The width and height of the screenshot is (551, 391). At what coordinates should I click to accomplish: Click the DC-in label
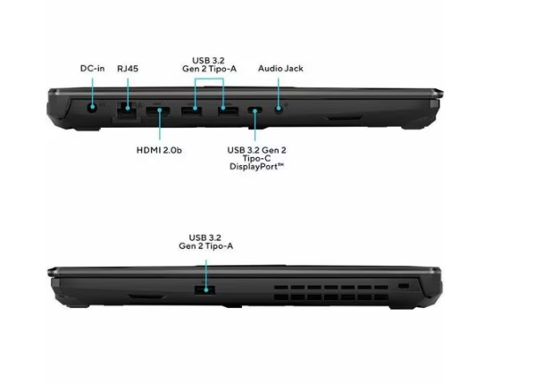[92, 69]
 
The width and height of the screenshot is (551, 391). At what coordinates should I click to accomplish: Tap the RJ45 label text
[128, 69]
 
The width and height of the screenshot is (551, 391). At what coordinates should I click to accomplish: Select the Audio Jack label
[280, 69]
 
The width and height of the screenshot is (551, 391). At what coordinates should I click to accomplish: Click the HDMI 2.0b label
[159, 150]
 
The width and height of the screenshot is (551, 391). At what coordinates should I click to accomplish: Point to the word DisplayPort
[256, 167]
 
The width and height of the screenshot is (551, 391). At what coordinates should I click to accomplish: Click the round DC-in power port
[92, 107]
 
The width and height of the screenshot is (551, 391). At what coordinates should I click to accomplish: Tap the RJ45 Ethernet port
[127, 111]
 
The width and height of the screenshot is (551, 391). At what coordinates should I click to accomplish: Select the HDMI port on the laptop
[158, 111]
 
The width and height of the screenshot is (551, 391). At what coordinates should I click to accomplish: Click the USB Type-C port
[255, 111]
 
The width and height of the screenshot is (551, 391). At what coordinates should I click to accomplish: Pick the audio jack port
[279, 109]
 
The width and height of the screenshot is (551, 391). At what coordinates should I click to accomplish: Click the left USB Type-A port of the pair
[191, 111]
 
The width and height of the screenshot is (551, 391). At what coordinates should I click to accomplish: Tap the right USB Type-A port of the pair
[228, 111]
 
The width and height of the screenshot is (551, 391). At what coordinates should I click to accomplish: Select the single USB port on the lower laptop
[205, 290]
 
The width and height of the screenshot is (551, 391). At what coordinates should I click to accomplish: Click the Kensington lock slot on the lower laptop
[404, 286]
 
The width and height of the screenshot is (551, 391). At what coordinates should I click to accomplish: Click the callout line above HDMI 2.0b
[160, 124]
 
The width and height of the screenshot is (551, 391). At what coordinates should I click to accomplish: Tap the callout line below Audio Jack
[279, 94]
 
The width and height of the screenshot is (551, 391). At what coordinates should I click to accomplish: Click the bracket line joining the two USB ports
[209, 79]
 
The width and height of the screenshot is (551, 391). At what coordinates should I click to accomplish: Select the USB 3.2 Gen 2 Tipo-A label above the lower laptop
[205, 242]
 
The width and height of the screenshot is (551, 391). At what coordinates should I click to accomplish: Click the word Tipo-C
[256, 158]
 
